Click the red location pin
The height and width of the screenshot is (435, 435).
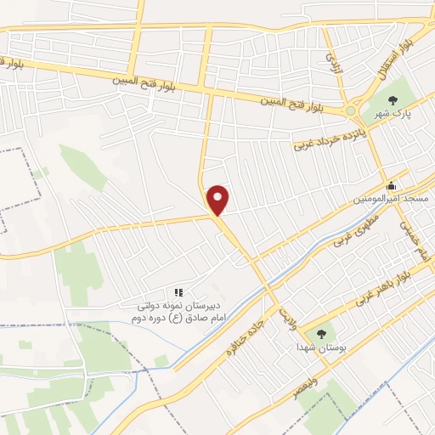tap(219, 200)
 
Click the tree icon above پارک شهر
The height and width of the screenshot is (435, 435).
tap(392, 101)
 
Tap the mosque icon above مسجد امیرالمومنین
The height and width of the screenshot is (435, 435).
tap(391, 186)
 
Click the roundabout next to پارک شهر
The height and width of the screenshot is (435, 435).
tap(352, 110)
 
